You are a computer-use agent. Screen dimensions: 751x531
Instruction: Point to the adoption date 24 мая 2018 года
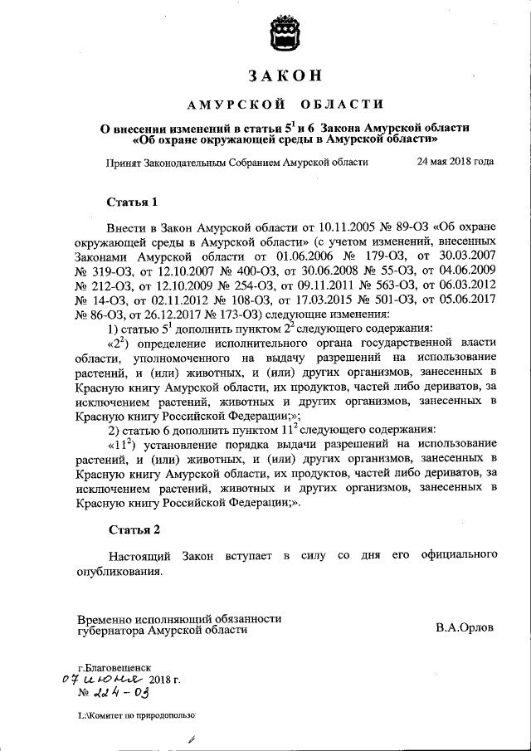(455, 161)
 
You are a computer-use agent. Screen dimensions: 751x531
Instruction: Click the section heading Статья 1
(132, 202)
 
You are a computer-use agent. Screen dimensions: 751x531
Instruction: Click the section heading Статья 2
(133, 529)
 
